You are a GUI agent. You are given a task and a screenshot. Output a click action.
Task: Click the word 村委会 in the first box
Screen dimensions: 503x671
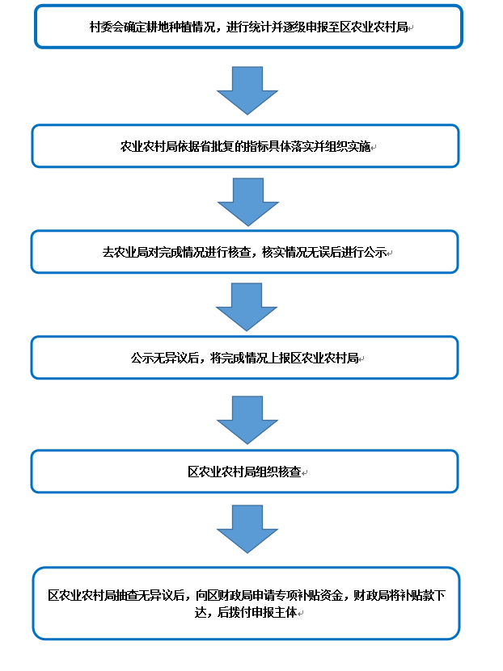tap(107, 27)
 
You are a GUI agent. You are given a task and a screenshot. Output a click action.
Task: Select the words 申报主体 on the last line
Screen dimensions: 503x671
tap(275, 612)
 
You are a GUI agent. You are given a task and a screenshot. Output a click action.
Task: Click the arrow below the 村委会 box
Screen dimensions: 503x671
tap(247, 90)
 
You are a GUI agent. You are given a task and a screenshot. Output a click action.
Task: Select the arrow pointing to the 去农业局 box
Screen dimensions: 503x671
tap(248, 202)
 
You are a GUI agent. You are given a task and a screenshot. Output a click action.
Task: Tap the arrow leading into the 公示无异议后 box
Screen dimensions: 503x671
tap(247, 307)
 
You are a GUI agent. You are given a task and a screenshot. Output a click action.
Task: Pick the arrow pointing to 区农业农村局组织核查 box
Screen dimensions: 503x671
tap(247, 420)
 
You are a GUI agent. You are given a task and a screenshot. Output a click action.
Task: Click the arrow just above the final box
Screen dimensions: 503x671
tap(247, 529)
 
